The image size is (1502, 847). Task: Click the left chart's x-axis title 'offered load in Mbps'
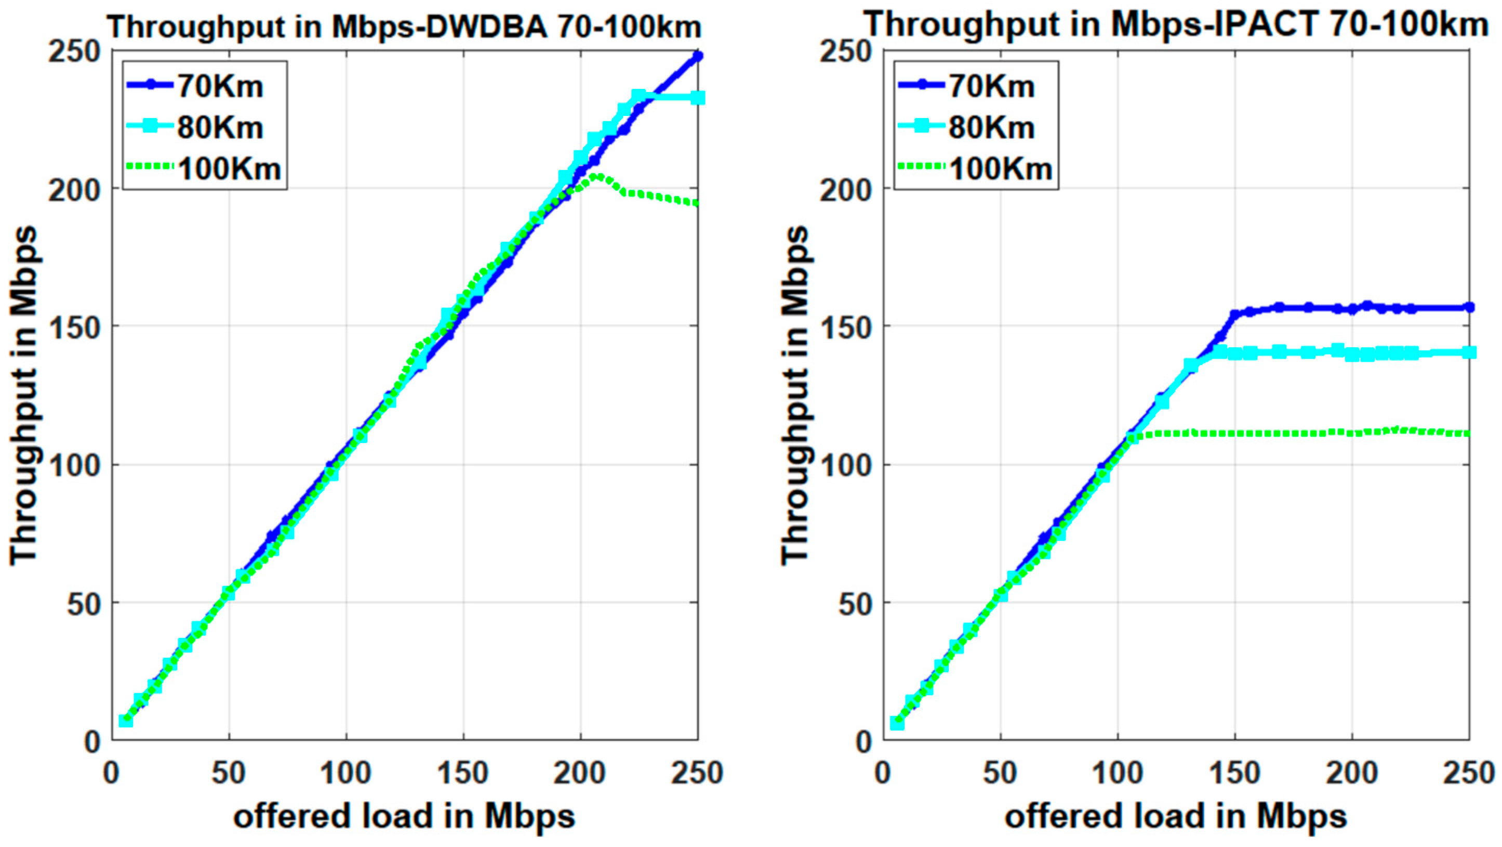[404, 817]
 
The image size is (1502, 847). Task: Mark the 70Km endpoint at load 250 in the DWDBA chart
[697, 56]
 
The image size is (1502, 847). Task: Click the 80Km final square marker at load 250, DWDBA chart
[697, 97]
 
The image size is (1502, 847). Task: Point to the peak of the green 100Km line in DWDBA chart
[596, 175]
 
